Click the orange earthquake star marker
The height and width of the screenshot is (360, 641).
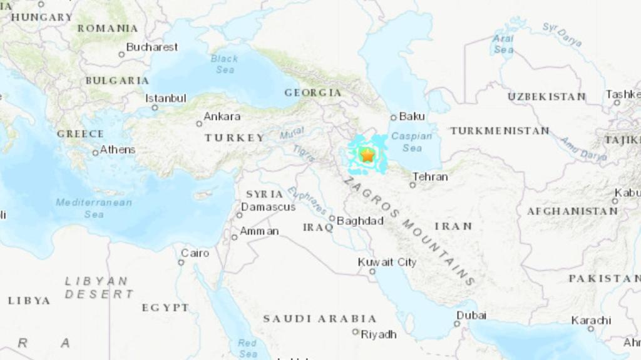click(367, 156)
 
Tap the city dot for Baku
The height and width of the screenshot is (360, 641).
click(393, 117)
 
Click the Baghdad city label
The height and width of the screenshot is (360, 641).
click(360, 221)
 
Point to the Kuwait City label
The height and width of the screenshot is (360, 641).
click(387, 262)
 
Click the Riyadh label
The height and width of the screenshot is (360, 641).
click(379, 334)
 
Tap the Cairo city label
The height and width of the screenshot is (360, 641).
click(195, 253)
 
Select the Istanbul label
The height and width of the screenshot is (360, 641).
click(166, 98)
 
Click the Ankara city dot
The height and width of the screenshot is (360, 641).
click(199, 123)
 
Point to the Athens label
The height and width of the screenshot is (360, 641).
click(117, 149)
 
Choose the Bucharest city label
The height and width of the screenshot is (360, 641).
click(152, 47)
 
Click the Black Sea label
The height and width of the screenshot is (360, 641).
click(225, 64)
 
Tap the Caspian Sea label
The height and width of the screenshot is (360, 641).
click(412, 142)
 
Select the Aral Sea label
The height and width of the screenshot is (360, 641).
click(504, 44)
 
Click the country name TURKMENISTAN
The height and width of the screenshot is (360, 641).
click(500, 131)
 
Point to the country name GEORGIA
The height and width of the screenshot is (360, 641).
click(313, 92)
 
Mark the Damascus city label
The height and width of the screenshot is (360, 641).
click(268, 207)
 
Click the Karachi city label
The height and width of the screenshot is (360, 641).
click(591, 320)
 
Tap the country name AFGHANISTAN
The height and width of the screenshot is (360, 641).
click(572, 211)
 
